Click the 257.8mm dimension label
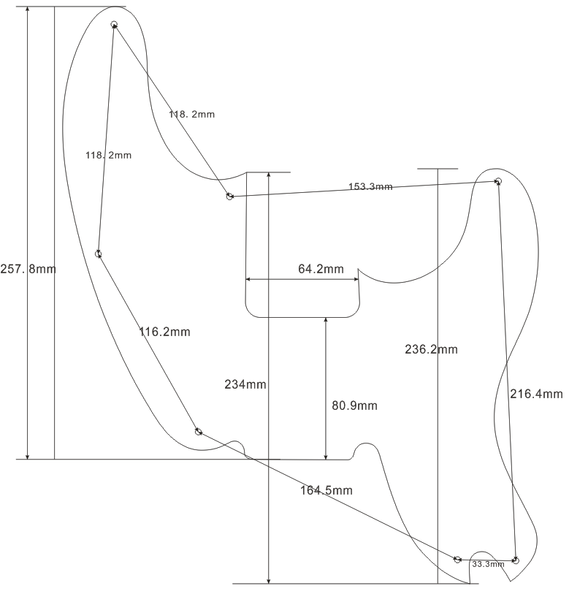[28, 269]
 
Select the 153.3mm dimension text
[370, 187]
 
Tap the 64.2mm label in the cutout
[320, 269]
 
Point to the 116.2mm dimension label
[164, 332]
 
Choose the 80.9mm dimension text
[354, 405]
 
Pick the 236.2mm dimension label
[431, 349]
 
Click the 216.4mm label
[536, 394]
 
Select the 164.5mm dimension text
[326, 490]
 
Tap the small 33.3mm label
[488, 565]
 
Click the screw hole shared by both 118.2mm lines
[114, 25]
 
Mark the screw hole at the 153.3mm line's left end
[229, 197]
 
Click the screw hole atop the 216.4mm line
[498, 181]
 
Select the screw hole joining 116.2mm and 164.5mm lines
[198, 431]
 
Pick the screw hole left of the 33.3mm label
[457, 560]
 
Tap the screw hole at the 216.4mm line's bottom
[516, 560]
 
